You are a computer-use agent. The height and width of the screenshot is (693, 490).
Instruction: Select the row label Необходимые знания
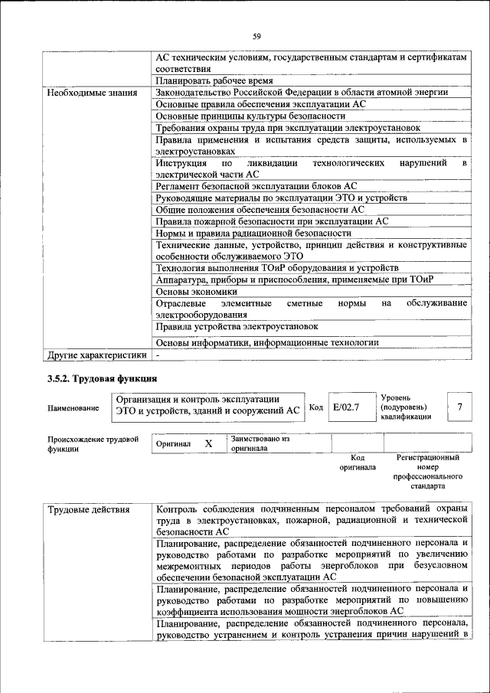(92, 93)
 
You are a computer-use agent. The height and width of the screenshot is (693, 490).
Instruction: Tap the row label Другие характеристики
(96, 355)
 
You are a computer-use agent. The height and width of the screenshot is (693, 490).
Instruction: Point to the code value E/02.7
(346, 408)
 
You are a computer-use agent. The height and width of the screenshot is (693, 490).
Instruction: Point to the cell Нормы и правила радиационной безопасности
(253, 233)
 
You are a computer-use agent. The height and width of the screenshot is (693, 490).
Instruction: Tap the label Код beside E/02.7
(315, 408)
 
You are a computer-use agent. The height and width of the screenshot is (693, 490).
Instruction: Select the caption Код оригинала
(358, 463)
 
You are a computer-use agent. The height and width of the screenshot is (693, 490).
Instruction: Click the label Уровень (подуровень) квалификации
(406, 407)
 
